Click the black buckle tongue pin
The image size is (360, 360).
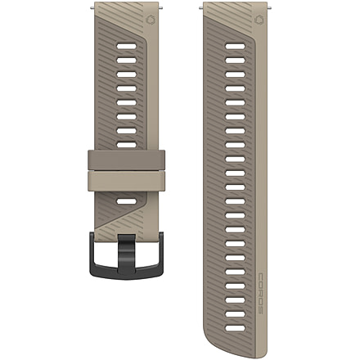(x=126, y=253)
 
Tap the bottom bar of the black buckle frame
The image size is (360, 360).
(x=126, y=272)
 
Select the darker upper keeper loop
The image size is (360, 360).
(x=126, y=160)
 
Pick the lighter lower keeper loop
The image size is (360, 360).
(x=126, y=181)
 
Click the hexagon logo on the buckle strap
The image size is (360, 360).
(x=150, y=20)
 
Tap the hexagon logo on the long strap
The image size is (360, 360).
(x=259, y=20)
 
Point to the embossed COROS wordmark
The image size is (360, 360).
(x=260, y=293)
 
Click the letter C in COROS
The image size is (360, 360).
(x=260, y=276)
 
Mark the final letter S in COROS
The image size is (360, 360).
(x=260, y=310)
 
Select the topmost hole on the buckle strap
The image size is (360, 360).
(x=126, y=46)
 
